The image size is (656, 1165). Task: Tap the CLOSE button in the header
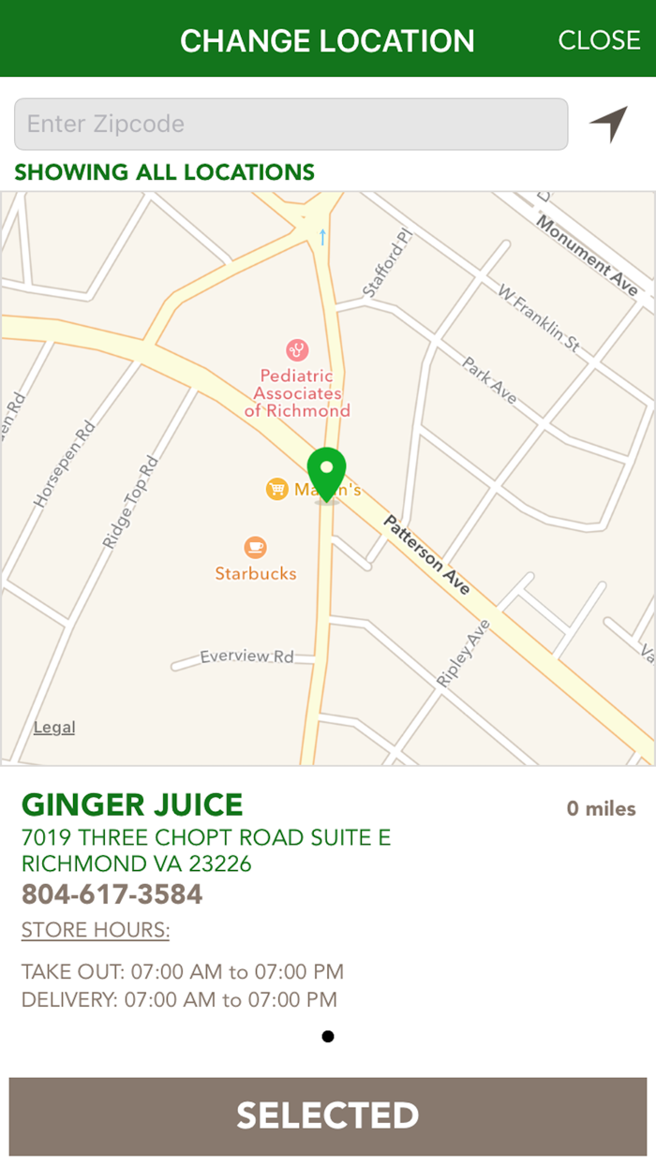[x=599, y=40]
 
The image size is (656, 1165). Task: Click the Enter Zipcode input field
[x=291, y=124]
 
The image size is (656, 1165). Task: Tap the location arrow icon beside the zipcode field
[x=609, y=124]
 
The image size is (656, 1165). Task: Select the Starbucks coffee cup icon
[x=255, y=548]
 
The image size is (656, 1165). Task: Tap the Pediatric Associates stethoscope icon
[x=297, y=350]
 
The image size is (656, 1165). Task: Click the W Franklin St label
[x=539, y=318]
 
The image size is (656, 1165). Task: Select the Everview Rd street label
[x=246, y=656]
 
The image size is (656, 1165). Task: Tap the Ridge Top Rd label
[x=130, y=503]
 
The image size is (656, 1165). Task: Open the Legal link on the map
[x=54, y=728]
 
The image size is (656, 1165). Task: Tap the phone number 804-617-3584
[x=112, y=894]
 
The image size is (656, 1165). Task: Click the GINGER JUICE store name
[x=132, y=804]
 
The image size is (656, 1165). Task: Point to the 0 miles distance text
[x=601, y=808]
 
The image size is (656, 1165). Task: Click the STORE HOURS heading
[x=96, y=931]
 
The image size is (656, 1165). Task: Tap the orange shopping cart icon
[x=276, y=489]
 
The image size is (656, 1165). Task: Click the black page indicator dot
[x=327, y=1036]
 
